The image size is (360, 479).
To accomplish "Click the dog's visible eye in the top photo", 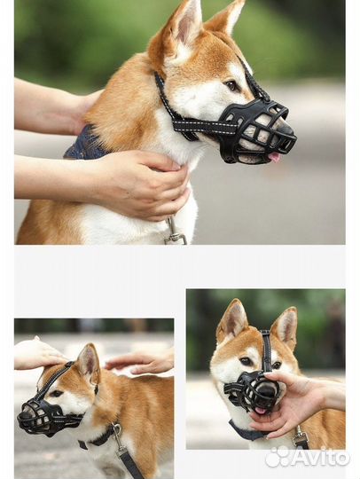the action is (x=231, y=85).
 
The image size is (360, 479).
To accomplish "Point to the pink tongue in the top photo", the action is (x=274, y=157).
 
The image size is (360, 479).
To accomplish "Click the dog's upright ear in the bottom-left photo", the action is (x=89, y=361).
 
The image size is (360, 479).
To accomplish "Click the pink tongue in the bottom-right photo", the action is (x=261, y=411).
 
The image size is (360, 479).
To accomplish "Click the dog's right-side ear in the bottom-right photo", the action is (x=285, y=326).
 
